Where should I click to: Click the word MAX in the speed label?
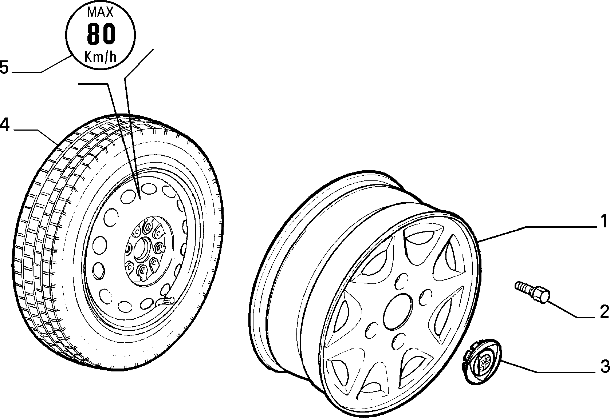coord(101,12)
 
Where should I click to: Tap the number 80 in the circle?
coord(101,34)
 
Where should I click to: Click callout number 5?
coord(4,67)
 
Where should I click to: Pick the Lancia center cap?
coord(482,362)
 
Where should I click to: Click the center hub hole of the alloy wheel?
coord(397,311)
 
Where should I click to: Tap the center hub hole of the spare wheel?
coord(142,248)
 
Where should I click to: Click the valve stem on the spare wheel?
coord(165,301)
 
